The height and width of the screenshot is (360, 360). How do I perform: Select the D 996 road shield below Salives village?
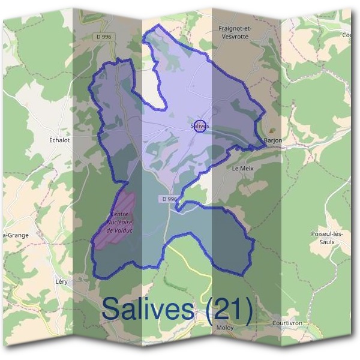169,199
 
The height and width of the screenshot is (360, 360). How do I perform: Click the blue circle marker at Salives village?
201,125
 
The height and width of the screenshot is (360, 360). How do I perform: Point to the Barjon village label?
273,141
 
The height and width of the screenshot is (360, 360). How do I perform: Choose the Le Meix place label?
243,169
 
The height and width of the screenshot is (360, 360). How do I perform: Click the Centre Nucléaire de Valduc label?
119,223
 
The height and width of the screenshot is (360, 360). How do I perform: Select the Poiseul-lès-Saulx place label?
326,237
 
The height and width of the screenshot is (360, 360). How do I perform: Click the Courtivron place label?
287,323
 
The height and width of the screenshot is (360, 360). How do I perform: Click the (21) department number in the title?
227,310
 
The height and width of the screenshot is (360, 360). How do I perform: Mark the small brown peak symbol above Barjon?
273,130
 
